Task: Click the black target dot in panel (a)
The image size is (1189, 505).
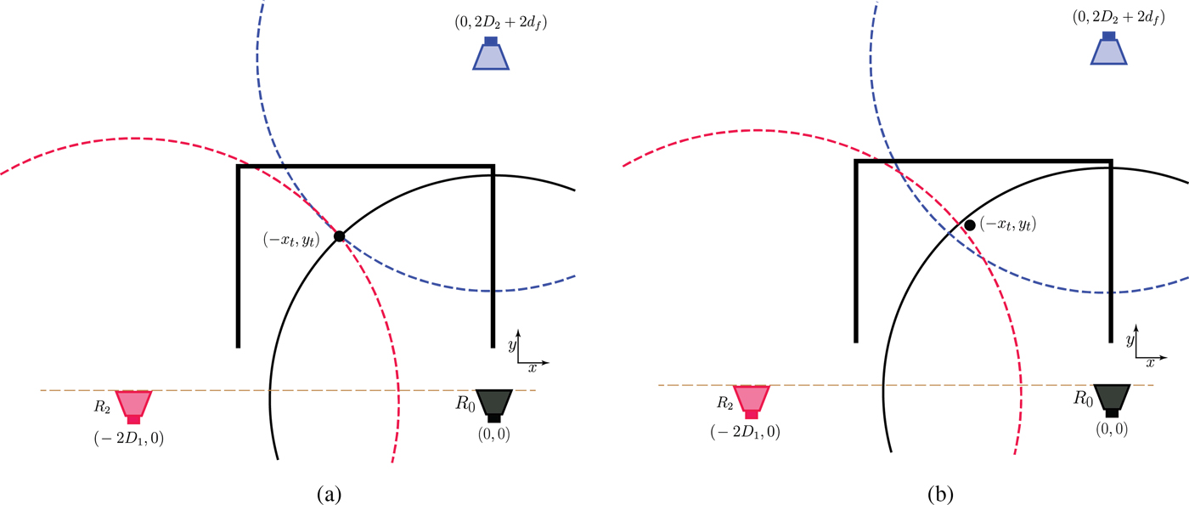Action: point(339,235)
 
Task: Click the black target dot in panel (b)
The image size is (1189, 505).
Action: point(969,225)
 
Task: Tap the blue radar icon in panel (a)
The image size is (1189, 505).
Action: point(491,54)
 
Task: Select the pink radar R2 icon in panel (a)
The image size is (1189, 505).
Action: point(133,405)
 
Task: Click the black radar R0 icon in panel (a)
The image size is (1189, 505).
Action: point(493,404)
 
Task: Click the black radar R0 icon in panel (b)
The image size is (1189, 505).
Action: point(1111,399)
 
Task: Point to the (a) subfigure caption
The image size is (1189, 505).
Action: point(329,492)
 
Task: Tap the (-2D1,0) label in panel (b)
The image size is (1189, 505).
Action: point(745,432)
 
